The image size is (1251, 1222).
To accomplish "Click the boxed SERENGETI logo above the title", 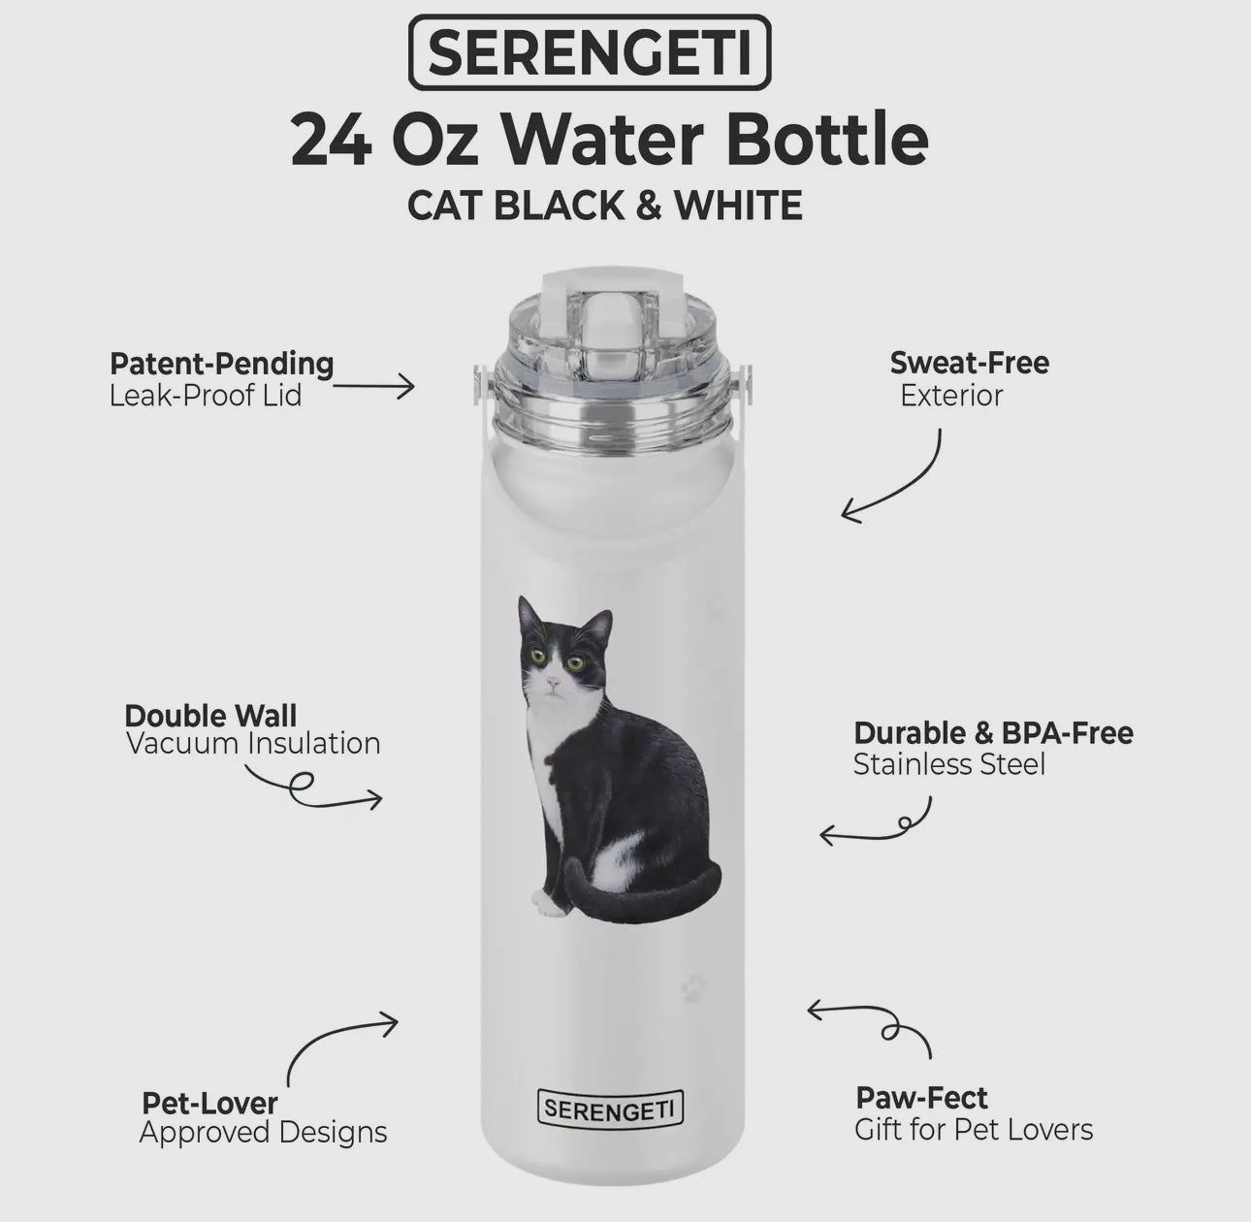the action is pyautogui.click(x=590, y=52).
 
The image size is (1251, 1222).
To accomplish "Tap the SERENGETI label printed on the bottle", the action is pyautogui.click(x=610, y=1109).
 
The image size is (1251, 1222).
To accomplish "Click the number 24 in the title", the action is pyautogui.click(x=331, y=140).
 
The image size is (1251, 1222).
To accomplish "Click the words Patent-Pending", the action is pyautogui.click(x=222, y=365).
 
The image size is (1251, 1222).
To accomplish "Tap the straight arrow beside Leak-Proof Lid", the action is pyautogui.click(x=373, y=386).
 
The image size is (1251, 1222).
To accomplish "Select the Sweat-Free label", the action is pyautogui.click(x=970, y=363).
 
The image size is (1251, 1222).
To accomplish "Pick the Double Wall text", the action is pyautogui.click(x=210, y=716).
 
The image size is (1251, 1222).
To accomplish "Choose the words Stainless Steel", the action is pyautogui.click(x=948, y=764).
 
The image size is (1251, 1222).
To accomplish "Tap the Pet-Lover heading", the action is pyautogui.click(x=209, y=1103).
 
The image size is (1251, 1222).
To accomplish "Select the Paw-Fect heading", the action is pyautogui.click(x=922, y=1098).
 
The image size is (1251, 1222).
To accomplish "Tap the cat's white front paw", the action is pyautogui.click(x=548, y=905).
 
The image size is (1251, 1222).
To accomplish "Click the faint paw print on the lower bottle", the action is pyautogui.click(x=693, y=987).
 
